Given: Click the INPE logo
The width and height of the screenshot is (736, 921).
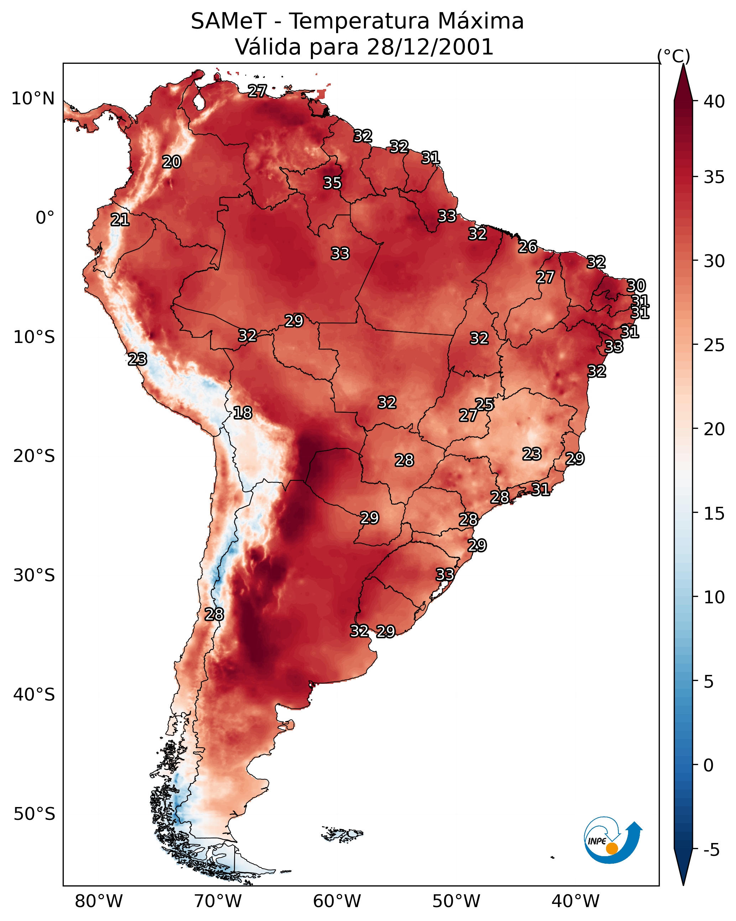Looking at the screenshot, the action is pos(613,841).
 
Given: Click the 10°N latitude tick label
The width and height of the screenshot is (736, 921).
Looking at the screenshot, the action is pos(33,99).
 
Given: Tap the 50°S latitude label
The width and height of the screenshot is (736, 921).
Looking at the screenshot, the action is pos(34,814).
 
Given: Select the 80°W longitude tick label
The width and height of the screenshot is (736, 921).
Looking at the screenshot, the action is pos(99,901).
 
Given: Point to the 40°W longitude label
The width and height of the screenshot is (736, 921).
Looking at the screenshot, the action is pos(575,901).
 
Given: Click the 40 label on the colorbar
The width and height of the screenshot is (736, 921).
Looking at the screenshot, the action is pos(714,102).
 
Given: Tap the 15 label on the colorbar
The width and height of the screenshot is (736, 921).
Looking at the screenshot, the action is pos(714,514).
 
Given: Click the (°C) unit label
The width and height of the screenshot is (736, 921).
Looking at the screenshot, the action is pos(674,56).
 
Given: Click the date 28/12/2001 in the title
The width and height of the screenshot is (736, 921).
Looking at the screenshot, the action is pos(430,47).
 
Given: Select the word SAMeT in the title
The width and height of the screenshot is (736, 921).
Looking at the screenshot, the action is pos(229,21).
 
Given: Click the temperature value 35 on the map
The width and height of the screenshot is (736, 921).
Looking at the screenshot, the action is pos(332,183).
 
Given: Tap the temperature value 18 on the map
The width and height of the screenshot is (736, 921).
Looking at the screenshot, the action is pos(242,413).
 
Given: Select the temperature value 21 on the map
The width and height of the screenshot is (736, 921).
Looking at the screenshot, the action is pos(120,220).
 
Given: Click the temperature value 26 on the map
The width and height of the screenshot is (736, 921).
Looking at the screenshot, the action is pos(528,246).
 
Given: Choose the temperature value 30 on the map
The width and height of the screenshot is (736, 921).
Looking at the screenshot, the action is pos(636,285).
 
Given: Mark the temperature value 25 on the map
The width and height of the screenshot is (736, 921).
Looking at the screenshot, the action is pos(484,404).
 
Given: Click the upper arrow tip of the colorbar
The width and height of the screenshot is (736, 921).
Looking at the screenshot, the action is pos(683,64).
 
